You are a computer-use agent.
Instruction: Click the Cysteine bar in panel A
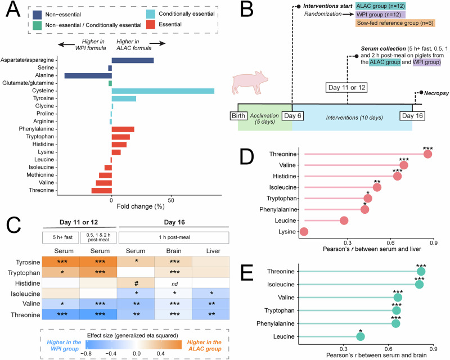click(x=163, y=91)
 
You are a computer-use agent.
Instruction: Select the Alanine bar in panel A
click(x=88, y=76)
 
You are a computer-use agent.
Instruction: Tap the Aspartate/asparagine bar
click(x=133, y=60)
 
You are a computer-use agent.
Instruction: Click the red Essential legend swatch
click(x=151, y=24)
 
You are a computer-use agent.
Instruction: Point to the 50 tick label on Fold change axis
click(x=171, y=200)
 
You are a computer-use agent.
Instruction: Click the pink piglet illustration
click(x=250, y=83)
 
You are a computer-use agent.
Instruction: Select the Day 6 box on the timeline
click(x=292, y=116)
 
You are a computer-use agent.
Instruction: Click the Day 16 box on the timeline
click(x=412, y=116)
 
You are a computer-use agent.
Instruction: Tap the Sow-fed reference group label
click(x=395, y=23)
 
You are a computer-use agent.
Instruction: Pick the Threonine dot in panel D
click(x=427, y=154)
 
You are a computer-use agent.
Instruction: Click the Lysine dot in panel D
click(x=304, y=232)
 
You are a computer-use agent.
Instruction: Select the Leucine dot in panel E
click(x=361, y=336)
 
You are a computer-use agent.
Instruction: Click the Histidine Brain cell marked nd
click(x=174, y=283)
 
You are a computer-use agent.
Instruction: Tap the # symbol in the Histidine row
click(x=136, y=283)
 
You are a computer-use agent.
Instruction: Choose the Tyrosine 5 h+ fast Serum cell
click(x=61, y=262)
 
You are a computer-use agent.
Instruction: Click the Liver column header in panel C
click(x=213, y=251)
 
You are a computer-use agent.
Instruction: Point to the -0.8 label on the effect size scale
click(x=85, y=353)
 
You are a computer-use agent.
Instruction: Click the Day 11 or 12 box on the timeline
click(x=346, y=88)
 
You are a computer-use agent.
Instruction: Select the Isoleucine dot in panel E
click(x=419, y=285)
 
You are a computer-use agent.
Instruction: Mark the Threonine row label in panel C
click(x=25, y=315)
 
